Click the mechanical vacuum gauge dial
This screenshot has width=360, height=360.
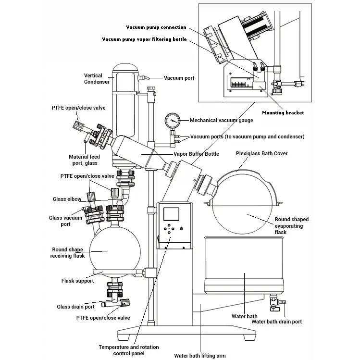pos(172,121)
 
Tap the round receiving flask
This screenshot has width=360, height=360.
pos(114,251)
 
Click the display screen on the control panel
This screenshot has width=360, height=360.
pos(171,214)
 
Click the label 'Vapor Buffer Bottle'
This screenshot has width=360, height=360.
pos(196,154)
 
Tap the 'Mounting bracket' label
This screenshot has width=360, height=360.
pos(283,113)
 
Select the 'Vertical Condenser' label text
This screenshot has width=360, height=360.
pos(97,78)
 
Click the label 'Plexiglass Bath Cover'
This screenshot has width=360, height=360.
pos(261,153)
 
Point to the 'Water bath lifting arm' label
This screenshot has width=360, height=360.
pos(200,356)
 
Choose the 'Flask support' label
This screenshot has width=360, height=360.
pos(77,281)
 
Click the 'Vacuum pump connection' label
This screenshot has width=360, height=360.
pos(156,27)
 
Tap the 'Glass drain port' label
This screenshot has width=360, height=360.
pos(76,307)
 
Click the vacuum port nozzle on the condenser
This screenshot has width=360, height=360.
pos(145,78)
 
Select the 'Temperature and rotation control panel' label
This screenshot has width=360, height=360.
pos(129,350)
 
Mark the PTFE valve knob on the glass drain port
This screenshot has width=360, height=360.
pos(125,303)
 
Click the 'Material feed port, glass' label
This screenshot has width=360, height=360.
pos(85,160)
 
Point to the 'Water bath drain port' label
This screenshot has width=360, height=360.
pos(277,322)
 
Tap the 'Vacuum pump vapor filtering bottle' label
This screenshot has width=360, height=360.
pos(144,39)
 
